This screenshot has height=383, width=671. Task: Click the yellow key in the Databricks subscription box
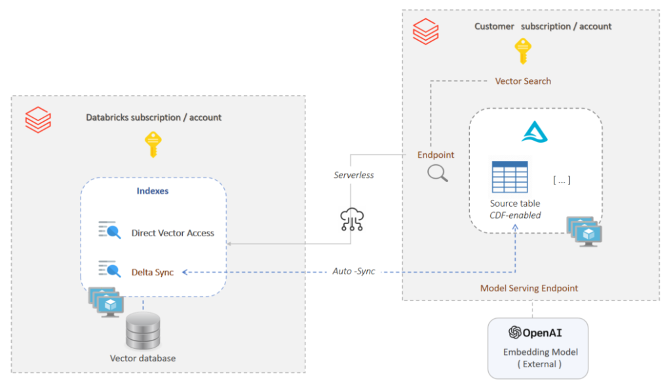coord(153,145)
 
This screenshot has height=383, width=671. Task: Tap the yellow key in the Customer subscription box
coord(522,51)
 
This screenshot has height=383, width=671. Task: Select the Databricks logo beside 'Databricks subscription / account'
coord(38,120)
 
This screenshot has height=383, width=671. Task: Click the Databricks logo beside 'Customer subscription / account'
coord(425,31)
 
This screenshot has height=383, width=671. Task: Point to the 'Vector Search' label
coord(523,81)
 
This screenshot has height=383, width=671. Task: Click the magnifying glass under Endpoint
coord(437,173)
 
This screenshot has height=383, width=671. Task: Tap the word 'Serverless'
coord(353,175)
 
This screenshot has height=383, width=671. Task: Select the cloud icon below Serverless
coord(352,219)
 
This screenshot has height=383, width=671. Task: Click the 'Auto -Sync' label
coord(353,271)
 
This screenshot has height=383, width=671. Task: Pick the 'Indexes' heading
coord(152,191)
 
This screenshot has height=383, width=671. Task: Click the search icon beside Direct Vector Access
coord(109,230)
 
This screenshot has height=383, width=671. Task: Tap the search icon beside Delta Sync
coord(109,269)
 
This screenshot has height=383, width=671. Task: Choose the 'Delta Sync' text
coord(152,272)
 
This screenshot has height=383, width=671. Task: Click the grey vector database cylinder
coord(143,331)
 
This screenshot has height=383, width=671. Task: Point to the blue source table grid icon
coord(510,177)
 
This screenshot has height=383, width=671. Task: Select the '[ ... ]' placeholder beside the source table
coord(562,180)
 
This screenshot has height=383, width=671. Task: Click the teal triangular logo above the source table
coord(535,132)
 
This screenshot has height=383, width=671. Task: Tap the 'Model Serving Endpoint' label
coord(529,288)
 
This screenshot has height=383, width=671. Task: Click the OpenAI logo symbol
coord(515,332)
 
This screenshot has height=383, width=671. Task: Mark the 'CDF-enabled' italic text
coord(515,215)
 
